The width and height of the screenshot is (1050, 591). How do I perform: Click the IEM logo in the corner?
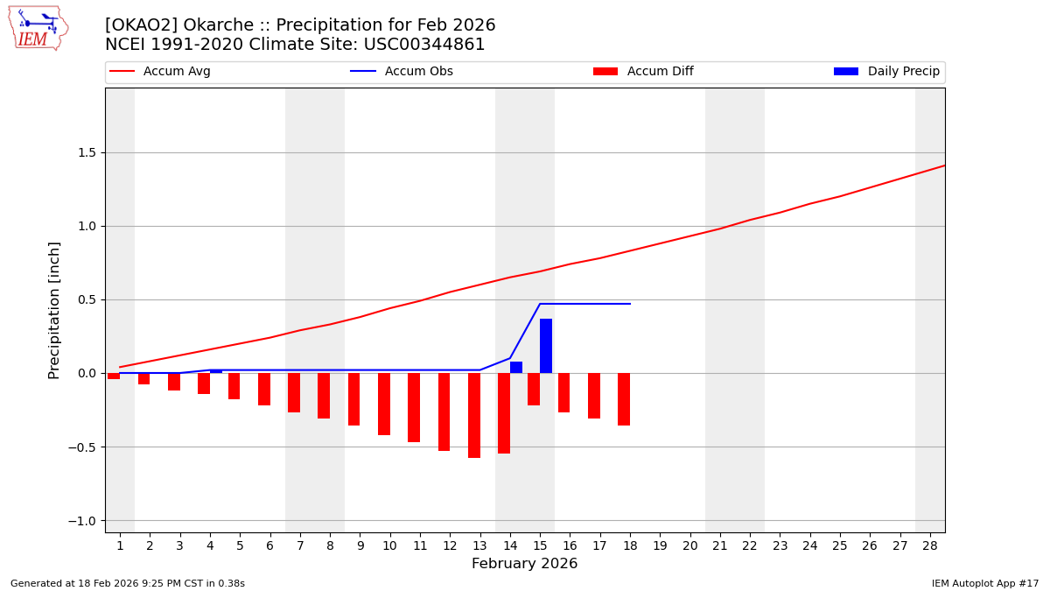[x=38, y=28]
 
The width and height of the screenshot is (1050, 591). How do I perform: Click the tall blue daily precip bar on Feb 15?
[x=546, y=346]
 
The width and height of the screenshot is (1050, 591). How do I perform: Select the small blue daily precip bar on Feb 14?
[x=516, y=368]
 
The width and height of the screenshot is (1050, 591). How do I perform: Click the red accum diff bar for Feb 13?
[x=474, y=415]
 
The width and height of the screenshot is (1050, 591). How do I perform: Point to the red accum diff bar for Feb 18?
[x=624, y=399]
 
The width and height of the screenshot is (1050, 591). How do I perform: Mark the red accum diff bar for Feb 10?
[x=384, y=404]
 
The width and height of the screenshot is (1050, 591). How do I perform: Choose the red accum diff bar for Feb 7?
[x=294, y=392]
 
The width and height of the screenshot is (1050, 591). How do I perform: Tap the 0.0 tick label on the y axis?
[x=85, y=373]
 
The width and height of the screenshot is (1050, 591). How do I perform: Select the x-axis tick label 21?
[x=720, y=545]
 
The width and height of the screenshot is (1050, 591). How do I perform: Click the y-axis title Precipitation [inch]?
[x=54, y=310]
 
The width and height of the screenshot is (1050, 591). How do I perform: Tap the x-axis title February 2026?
[x=524, y=564]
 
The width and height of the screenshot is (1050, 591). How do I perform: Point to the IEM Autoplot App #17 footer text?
[x=984, y=583]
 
